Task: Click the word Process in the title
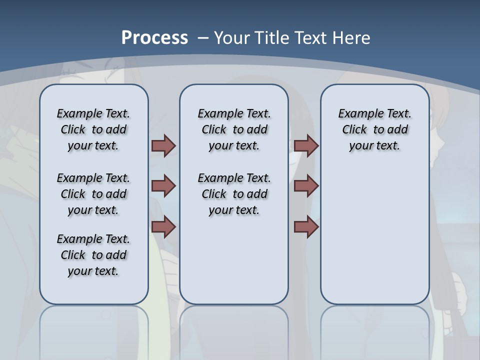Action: pyautogui.click(x=154, y=37)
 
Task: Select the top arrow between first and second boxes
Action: pyautogui.click(x=163, y=146)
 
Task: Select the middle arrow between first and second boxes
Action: pyautogui.click(x=163, y=186)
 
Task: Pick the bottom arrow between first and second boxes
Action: pyautogui.click(x=163, y=227)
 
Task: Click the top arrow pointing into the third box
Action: pyautogui.click(x=306, y=146)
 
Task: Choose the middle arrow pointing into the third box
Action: pyautogui.click(x=306, y=186)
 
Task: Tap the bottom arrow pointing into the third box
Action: pyautogui.click(x=306, y=227)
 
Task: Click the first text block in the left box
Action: pyautogui.click(x=93, y=129)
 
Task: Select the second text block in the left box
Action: pyautogui.click(x=93, y=194)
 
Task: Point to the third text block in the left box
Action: pyautogui.click(x=93, y=255)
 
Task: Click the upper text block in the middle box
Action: pyautogui.click(x=234, y=129)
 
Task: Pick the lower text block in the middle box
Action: pyautogui.click(x=234, y=194)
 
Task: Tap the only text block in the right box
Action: pyautogui.click(x=374, y=129)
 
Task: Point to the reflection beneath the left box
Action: pyautogui.click(x=93, y=330)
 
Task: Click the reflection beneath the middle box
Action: pyautogui.click(x=234, y=330)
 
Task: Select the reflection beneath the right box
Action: pyautogui.click(x=374, y=330)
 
